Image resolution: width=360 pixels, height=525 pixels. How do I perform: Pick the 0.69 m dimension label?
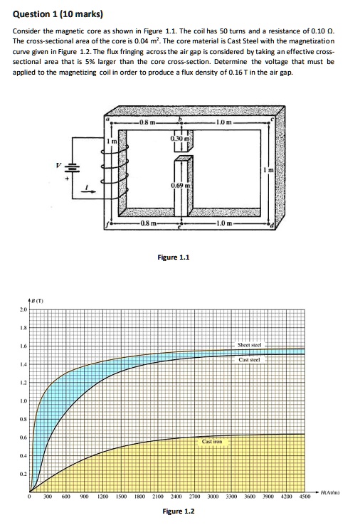(x=179, y=185)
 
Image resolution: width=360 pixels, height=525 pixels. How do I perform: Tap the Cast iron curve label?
(x=213, y=442)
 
